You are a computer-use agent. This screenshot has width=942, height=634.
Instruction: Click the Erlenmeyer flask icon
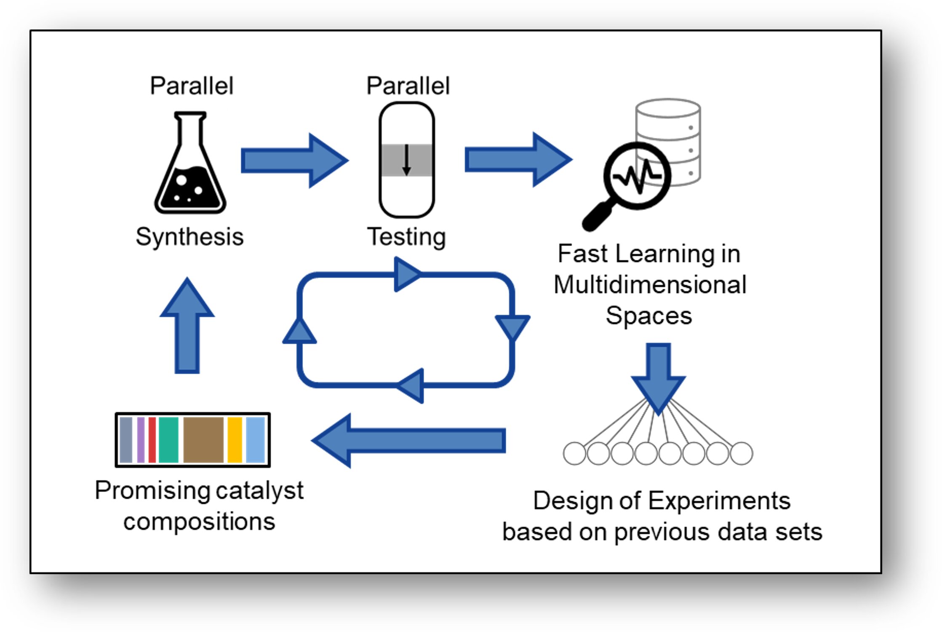point(190,169)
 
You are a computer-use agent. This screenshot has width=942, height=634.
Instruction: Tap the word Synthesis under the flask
point(189,237)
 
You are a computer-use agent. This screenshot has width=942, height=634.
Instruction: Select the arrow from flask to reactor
point(294,161)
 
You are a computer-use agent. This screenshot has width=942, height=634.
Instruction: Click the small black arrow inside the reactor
point(406,160)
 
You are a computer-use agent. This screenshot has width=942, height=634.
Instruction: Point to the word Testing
point(406,237)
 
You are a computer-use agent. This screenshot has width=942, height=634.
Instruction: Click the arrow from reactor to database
point(518,160)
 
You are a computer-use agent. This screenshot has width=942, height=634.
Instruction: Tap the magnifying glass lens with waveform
point(637,176)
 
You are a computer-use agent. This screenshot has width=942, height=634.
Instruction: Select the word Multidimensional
point(650,285)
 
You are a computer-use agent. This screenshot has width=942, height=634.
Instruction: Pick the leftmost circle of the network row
point(574,454)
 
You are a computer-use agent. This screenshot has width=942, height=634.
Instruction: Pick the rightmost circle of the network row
point(742,454)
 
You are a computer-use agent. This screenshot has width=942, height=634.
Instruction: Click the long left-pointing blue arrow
point(408,441)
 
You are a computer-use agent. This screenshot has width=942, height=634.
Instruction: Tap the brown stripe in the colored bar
point(203,440)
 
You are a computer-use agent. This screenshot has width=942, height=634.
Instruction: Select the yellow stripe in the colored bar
point(235,440)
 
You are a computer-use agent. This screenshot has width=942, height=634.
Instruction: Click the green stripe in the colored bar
point(168,440)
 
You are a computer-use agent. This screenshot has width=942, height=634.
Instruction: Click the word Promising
point(152,491)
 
